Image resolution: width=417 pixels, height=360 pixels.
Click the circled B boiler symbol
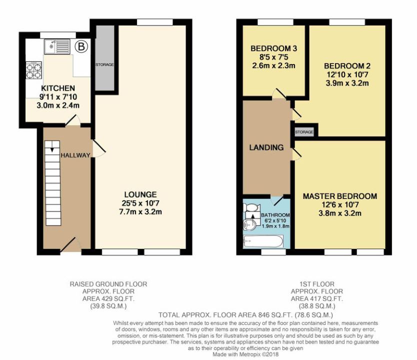pyautogui.click(x=81, y=47)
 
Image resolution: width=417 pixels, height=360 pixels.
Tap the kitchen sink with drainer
pyautogui.click(x=57, y=46)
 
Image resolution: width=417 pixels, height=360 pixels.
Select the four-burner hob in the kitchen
pyautogui.click(x=34, y=70)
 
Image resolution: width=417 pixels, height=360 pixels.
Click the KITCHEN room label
pyautogui.click(x=58, y=88)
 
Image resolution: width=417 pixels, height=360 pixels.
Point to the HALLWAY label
pyautogui.click(x=75, y=155)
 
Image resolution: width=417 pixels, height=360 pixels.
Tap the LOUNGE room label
pyautogui.click(x=140, y=194)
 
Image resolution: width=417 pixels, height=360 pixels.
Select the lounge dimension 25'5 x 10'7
pyautogui.click(x=140, y=203)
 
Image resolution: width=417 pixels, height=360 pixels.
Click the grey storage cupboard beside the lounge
pyautogui.click(x=105, y=58)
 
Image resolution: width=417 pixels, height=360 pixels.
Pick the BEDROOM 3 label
pyautogui.click(x=273, y=48)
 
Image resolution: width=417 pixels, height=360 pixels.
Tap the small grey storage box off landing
pyautogui.click(x=304, y=132)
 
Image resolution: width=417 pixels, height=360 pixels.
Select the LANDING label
pyautogui.click(x=266, y=147)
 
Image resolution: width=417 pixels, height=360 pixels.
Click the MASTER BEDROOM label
pyautogui.click(x=340, y=196)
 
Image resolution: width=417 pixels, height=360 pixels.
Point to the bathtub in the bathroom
pyautogui.click(x=263, y=241)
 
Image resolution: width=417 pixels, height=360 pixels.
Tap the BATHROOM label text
pyautogui.click(x=275, y=215)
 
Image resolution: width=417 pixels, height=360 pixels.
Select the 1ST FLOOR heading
pyautogui.click(x=316, y=284)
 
